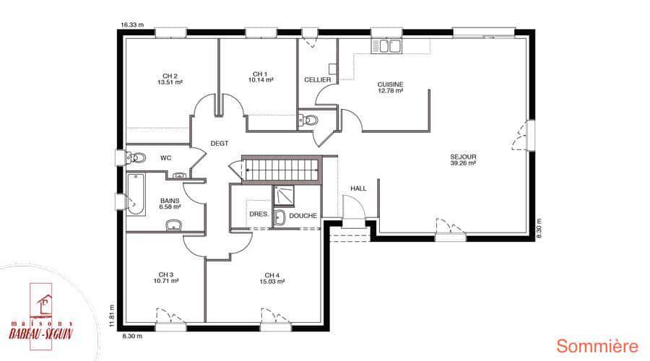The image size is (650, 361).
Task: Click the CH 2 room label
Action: tap(170, 77)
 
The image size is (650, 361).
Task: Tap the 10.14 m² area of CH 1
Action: tap(261, 80)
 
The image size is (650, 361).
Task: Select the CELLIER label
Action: tap(318, 79)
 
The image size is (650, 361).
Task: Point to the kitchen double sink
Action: tap(386, 46)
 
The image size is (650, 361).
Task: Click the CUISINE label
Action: tap(390, 84)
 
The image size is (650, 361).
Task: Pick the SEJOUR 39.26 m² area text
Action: tap(463, 163)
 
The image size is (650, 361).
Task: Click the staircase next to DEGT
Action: tap(281, 169)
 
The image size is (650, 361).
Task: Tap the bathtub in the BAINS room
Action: tap(136, 194)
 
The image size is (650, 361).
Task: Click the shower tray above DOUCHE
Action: tap(283, 196)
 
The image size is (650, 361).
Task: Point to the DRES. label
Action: tap(259, 214)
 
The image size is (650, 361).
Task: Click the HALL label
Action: tap(358, 188)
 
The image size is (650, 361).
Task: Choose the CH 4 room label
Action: tap(272, 275)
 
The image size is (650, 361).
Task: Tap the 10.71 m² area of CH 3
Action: tap(166, 281)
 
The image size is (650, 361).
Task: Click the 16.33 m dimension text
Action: tap(132, 25)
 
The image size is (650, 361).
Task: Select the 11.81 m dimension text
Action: tap(111, 316)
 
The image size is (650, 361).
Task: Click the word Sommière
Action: tap(597, 346)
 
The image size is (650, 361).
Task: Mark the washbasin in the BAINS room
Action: tap(173, 225)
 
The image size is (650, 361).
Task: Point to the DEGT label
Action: tap(220, 144)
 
